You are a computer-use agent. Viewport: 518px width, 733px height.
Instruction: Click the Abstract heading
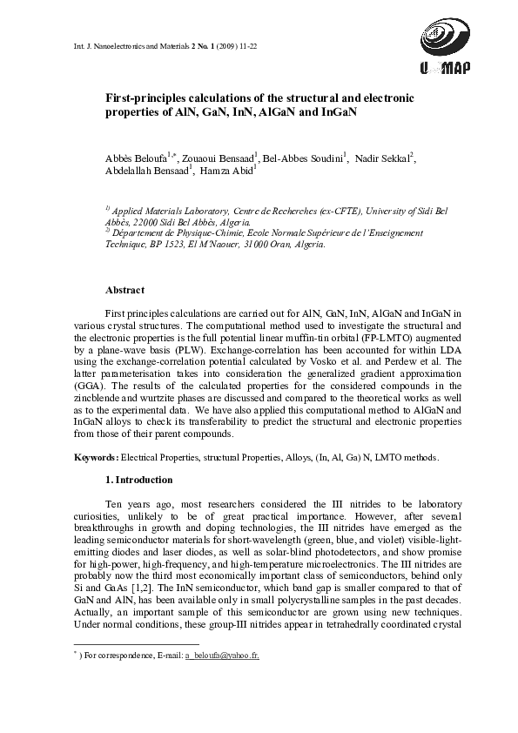pos(124,290)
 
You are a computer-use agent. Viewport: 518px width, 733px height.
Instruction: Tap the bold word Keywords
pos(95,457)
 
